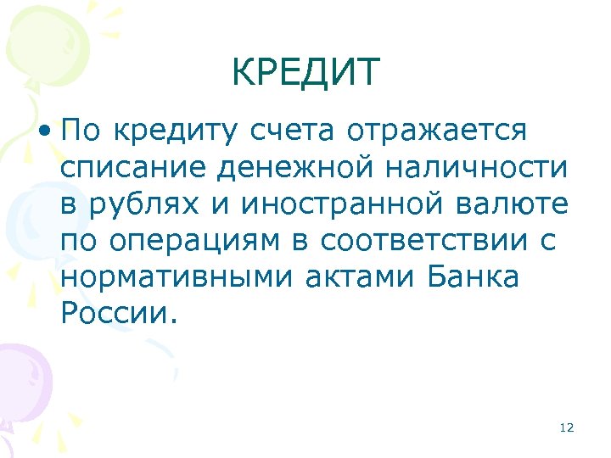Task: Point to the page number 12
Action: (x=567, y=427)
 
